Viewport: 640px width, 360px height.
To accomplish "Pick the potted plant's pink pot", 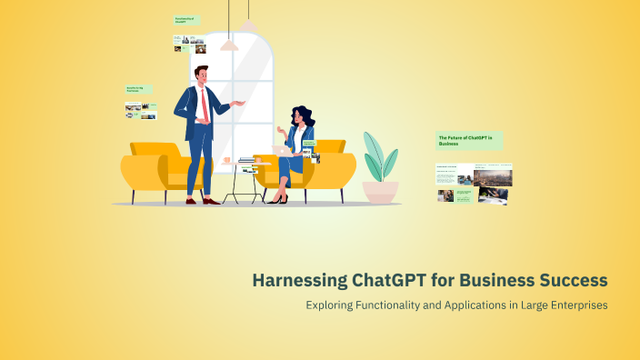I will (380, 191).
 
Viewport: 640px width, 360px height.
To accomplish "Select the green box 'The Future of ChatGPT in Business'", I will (468, 140).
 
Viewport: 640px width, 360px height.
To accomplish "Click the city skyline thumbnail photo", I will (492, 175).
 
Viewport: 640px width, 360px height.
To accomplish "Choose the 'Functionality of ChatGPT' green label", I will (186, 19).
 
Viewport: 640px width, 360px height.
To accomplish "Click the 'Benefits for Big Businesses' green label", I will (138, 90).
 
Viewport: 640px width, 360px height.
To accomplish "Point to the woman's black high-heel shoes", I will (277, 199).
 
